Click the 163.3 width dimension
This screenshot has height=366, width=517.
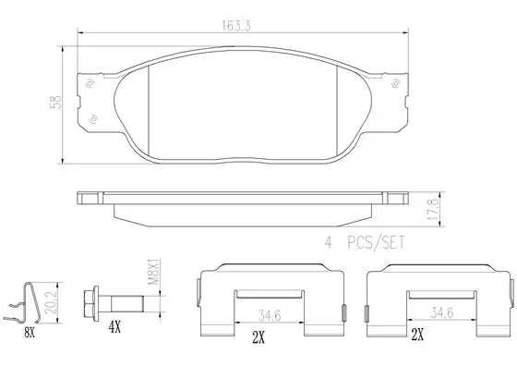(235, 26)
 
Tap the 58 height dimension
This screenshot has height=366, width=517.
(55, 103)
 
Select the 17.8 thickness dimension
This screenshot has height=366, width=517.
(434, 209)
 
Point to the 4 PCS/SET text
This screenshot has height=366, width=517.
(365, 243)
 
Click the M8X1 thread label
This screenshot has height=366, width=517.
(153, 273)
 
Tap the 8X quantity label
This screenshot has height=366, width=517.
(30, 334)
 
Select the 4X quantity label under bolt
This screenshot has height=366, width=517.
(114, 328)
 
